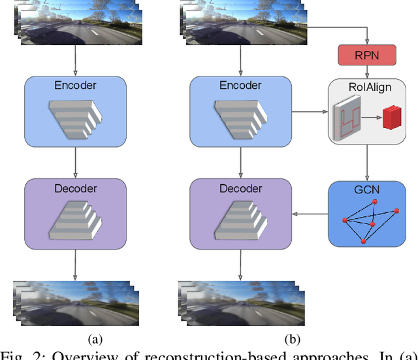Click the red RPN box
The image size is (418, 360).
click(370, 56)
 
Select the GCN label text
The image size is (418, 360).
click(370, 189)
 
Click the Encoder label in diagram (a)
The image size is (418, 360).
click(76, 85)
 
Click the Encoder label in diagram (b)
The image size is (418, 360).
click(241, 85)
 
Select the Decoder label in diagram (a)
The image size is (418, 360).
click(76, 188)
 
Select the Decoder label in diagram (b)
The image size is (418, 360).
click(241, 188)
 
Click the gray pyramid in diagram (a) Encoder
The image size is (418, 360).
click(76, 118)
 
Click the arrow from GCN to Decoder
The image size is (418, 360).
click(310, 214)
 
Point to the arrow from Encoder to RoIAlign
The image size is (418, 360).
click(310, 112)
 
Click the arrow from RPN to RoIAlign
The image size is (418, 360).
click(370, 72)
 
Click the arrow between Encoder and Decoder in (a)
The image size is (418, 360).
click(76, 161)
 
